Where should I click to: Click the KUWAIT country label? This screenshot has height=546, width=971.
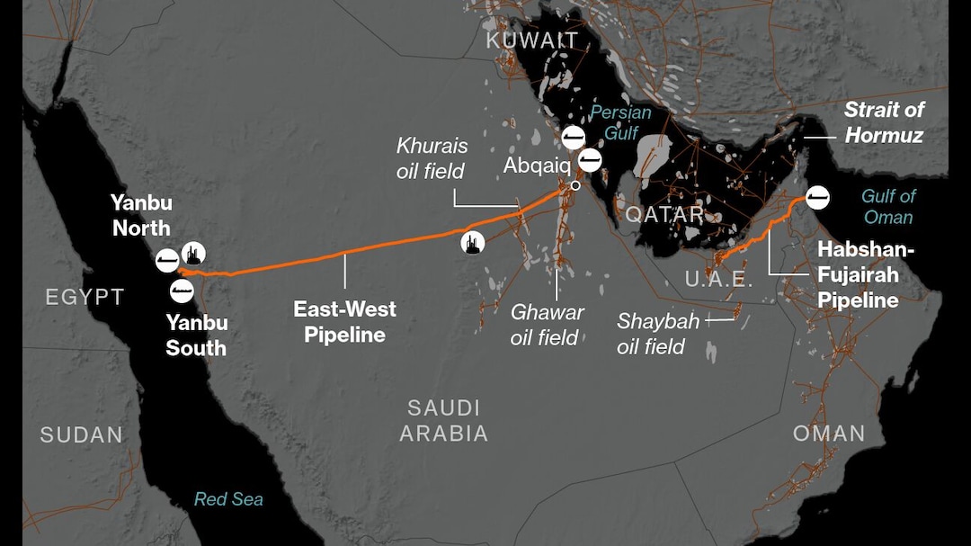coord(531,40)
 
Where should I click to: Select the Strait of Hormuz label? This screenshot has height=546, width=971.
coord(883,122)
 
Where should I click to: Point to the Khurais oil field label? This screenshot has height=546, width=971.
coord(432,158)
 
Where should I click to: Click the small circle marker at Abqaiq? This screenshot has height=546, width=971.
coord(575,185)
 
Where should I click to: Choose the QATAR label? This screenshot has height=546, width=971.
coord(665,214)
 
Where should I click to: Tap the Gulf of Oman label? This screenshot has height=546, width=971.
coord(888,207)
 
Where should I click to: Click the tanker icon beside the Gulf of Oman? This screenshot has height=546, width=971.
coord(817,197)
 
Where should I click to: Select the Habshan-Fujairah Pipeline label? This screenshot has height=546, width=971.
coord(858,274)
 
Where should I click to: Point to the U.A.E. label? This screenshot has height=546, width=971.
coord(718,279)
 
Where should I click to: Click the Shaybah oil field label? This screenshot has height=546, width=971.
coord(651,334)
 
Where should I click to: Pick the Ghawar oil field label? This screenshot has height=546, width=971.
coord(547,325)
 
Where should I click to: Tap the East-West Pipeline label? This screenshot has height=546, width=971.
coord(344,322)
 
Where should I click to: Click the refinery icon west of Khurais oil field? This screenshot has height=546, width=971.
coord(473,242)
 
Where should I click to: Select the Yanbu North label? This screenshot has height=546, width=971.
coord(140,215)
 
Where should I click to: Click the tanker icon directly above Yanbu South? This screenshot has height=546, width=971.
coord(183,291)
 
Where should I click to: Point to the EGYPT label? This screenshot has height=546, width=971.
coord(85,297)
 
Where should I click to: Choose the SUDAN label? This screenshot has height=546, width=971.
coord(81,435)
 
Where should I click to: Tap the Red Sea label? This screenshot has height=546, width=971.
coord(228,498)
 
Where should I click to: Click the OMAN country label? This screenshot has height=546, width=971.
coord(829,434)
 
